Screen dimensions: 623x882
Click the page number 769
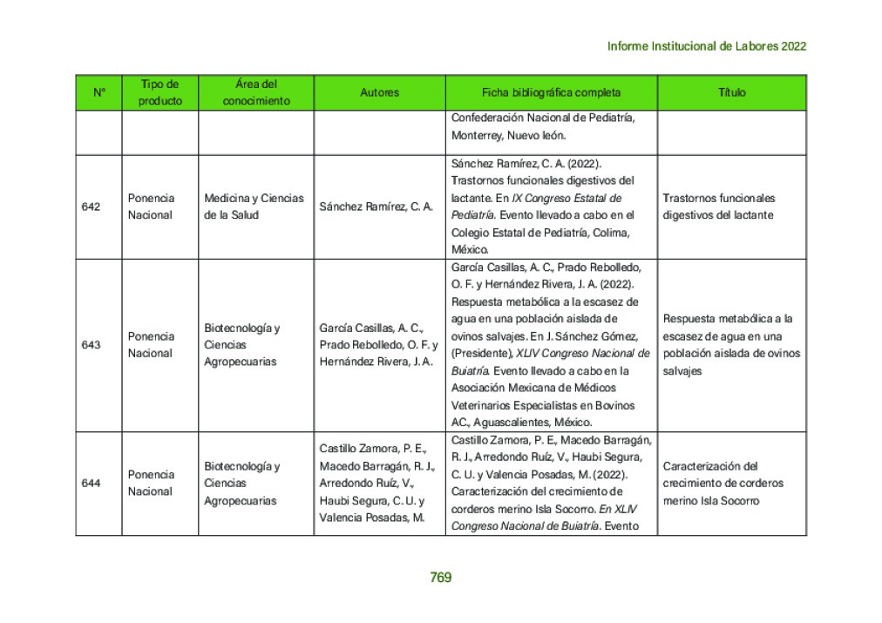click(x=440, y=577)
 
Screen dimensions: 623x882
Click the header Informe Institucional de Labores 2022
click(x=706, y=46)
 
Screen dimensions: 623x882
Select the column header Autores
click(x=379, y=92)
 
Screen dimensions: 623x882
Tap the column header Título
click(x=731, y=92)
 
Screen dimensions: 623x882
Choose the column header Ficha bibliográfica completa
click(x=551, y=92)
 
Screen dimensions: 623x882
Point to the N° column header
click(x=98, y=92)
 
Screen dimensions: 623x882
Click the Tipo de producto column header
click(x=160, y=92)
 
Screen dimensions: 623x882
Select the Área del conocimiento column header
click(x=256, y=92)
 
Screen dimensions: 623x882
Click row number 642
click(x=91, y=207)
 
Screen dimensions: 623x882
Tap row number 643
click(x=91, y=344)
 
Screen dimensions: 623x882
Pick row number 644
click(x=91, y=483)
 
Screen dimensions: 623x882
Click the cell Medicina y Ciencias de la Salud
click(x=254, y=207)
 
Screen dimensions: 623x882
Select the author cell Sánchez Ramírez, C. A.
click(x=376, y=207)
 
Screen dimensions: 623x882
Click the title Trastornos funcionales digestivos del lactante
click(x=718, y=207)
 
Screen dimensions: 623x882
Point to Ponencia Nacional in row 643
click(x=151, y=344)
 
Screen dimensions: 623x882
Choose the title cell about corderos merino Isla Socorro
click(x=723, y=483)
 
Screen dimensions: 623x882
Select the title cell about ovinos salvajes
click(x=730, y=344)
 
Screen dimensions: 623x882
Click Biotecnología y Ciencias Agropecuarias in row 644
click(x=241, y=483)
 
